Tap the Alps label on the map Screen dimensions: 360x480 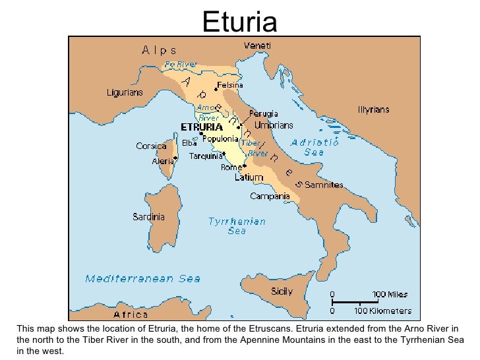pyautogui.click(x=159, y=49)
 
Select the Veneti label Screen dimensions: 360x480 pyautogui.click(x=257, y=45)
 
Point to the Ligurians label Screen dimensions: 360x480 pyautogui.click(x=125, y=93)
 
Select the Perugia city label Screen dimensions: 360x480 pyautogui.click(x=263, y=113)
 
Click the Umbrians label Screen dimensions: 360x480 pyautogui.click(x=274, y=125)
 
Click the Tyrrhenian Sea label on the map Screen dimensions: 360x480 pyautogui.click(x=237, y=226)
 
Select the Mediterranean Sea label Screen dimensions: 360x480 pyautogui.click(x=142, y=278)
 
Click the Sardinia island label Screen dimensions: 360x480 pyautogui.click(x=148, y=216)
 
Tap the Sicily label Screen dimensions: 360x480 pyautogui.click(x=282, y=290)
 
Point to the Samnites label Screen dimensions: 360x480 pyautogui.click(x=323, y=185)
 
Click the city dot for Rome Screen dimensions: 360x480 pyautogui.click(x=245, y=165)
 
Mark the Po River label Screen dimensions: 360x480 pyautogui.click(x=181, y=65)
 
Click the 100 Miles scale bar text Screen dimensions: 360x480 pyautogui.click(x=391, y=294)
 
